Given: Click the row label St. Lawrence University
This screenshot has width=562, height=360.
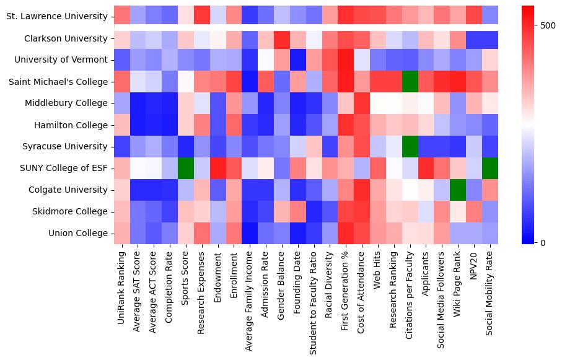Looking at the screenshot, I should point(56,17).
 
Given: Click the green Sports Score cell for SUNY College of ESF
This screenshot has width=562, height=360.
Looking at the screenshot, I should point(186,169).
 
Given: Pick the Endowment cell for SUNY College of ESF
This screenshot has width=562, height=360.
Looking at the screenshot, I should point(218,169).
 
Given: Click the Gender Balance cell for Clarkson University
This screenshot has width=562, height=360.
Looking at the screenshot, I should point(283,38).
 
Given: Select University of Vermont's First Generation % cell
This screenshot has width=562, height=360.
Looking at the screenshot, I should point(347,60).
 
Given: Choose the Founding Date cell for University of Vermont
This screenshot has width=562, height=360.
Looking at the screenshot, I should point(299,60).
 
